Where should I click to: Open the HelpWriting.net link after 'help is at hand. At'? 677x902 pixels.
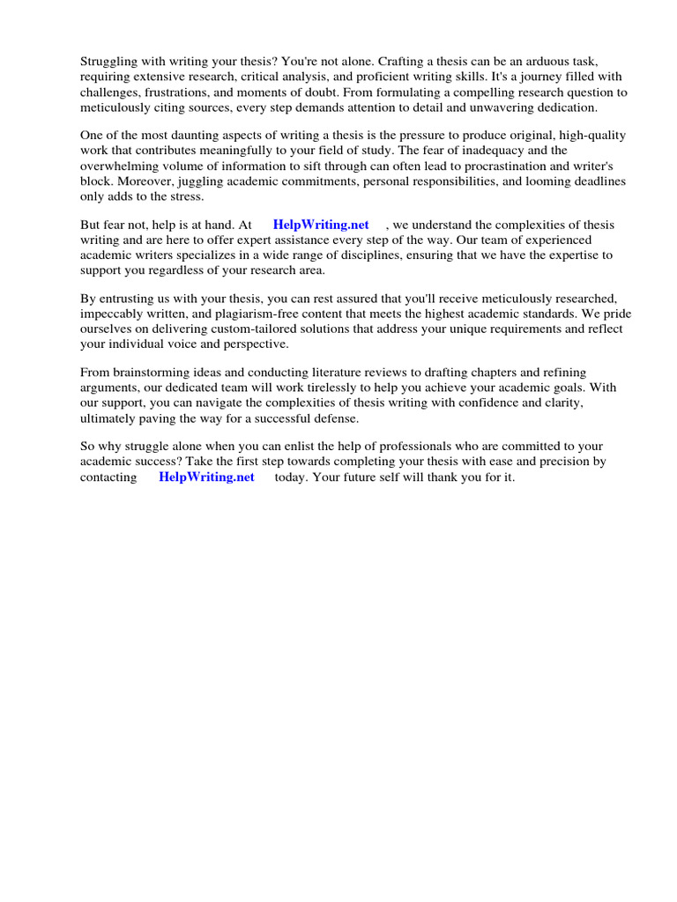pyautogui.click(x=321, y=225)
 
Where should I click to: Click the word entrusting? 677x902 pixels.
pyautogui.click(x=129, y=299)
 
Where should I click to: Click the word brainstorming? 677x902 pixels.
pyautogui.click(x=152, y=373)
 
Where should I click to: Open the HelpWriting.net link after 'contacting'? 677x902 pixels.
pyautogui.click(x=206, y=477)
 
